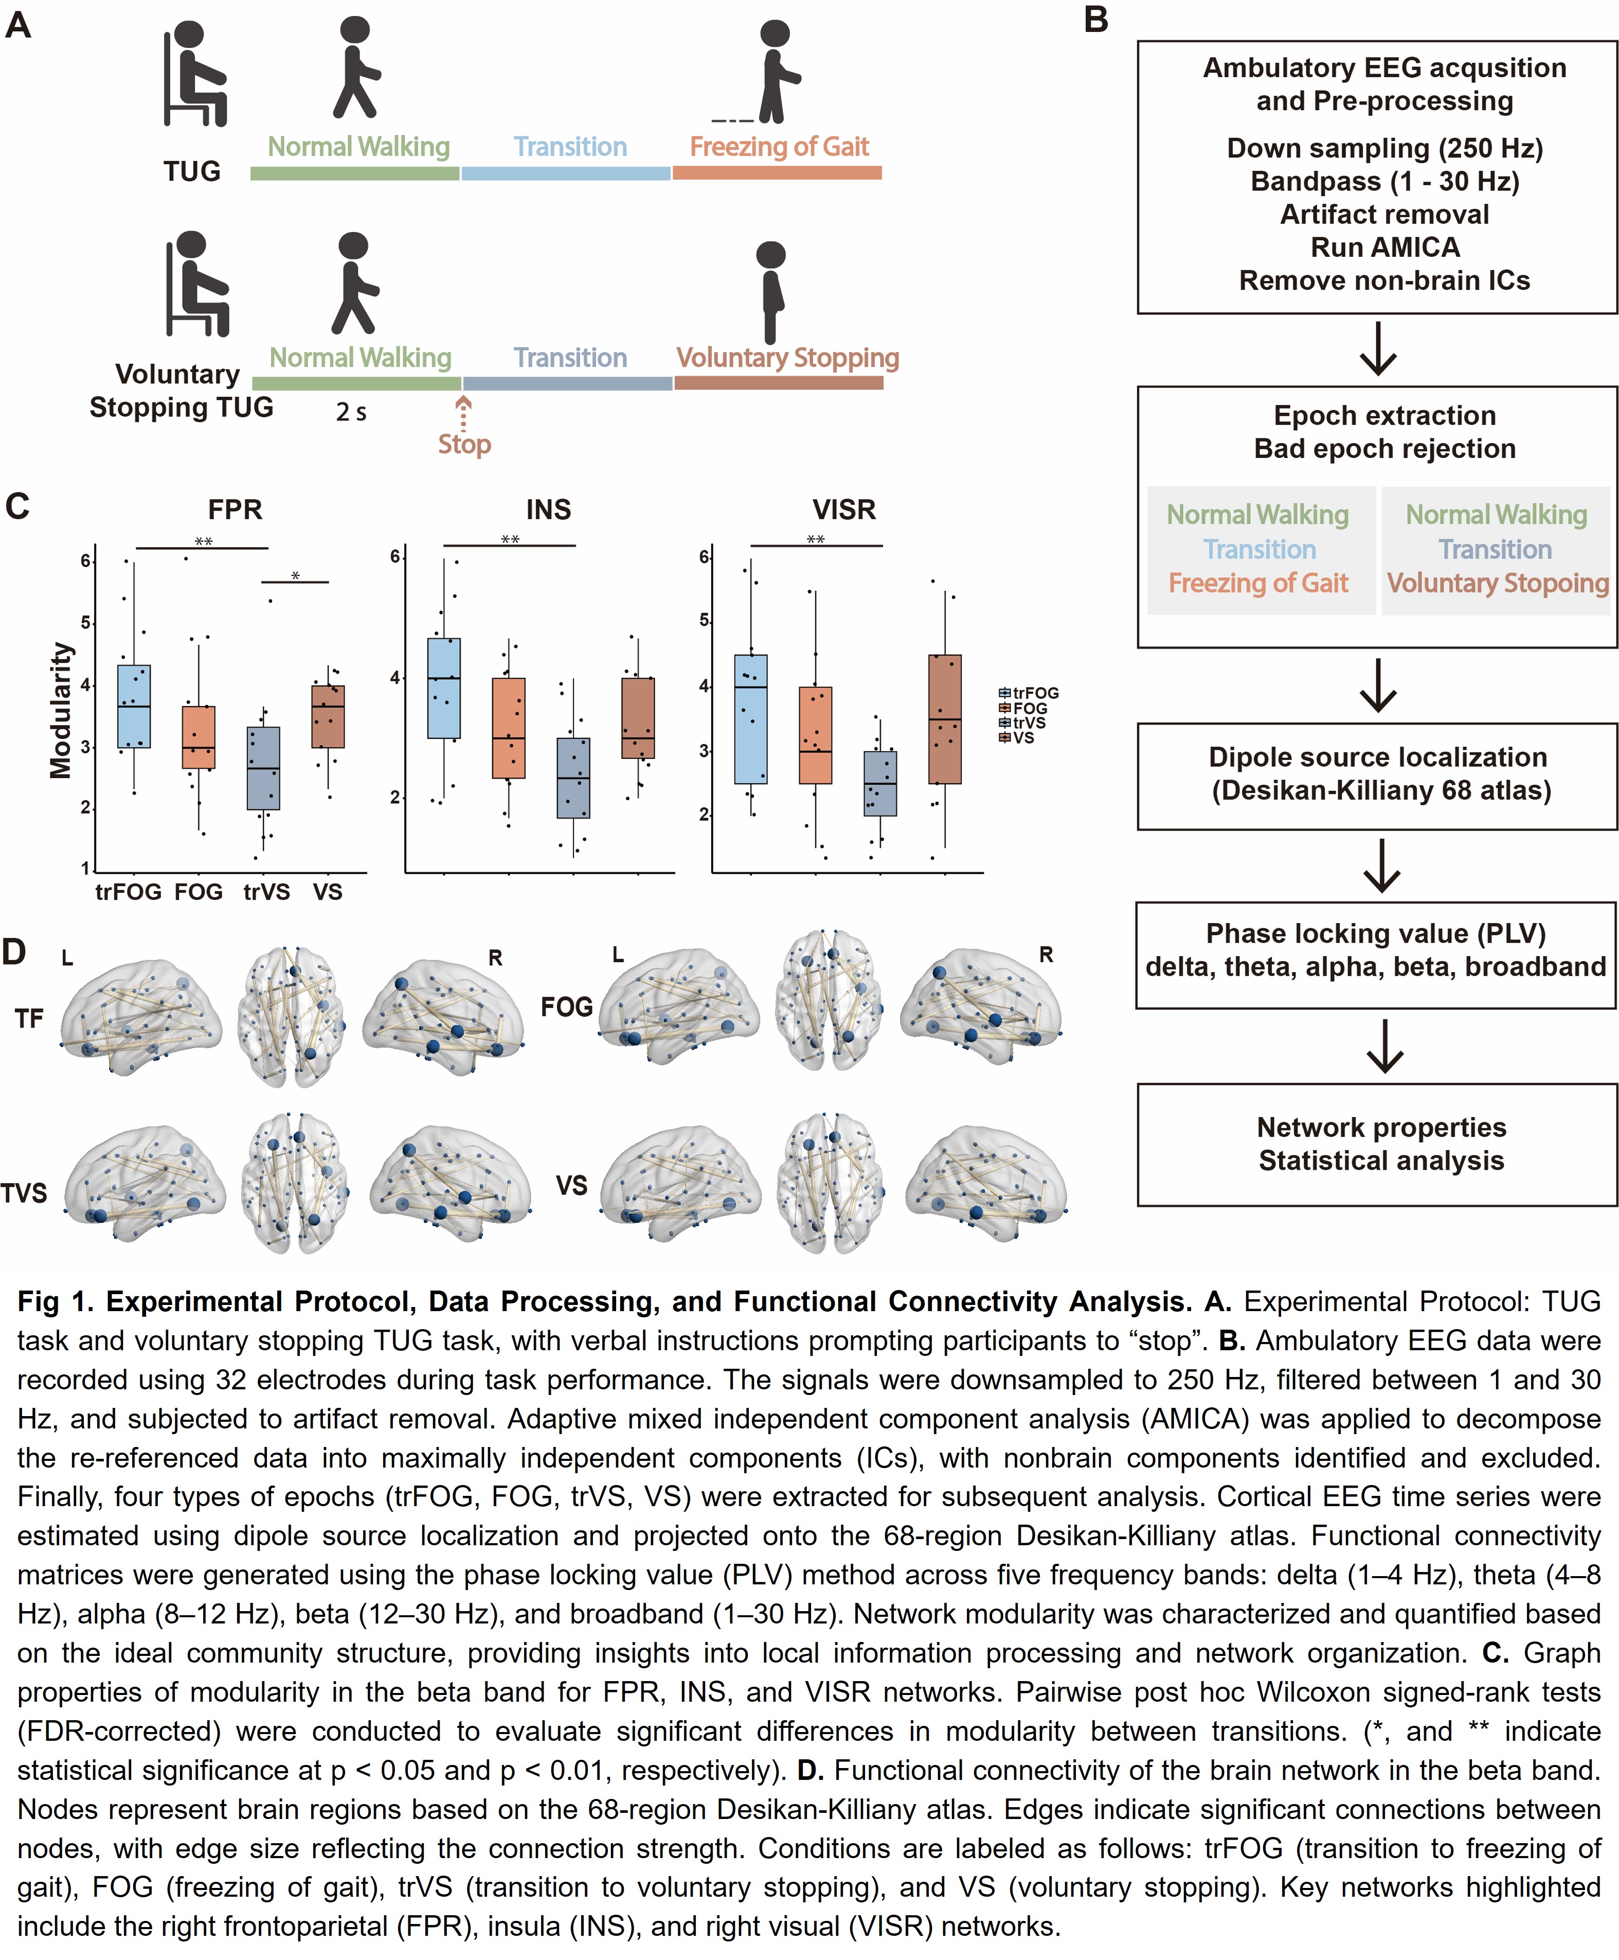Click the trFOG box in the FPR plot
(x=134, y=706)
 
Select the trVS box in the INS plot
(x=573, y=778)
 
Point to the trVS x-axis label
(x=267, y=893)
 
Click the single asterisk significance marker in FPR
(x=296, y=576)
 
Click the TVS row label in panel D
(x=24, y=1193)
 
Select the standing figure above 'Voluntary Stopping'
(x=771, y=292)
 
